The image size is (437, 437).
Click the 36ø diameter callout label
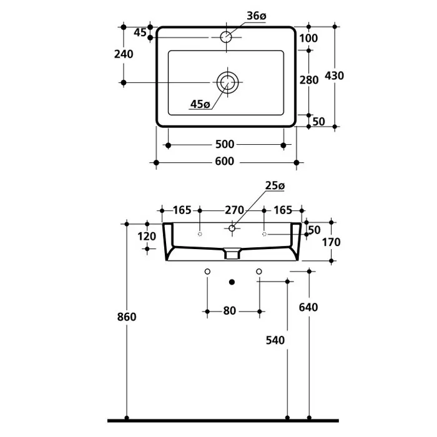tap(257, 16)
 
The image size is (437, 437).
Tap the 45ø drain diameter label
tap(200, 104)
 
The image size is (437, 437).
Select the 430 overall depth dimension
tap(334, 76)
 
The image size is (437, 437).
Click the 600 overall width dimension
tap(225, 161)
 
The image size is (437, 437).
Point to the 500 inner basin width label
tap(225, 144)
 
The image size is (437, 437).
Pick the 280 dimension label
tap(309, 80)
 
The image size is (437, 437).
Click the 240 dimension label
tap(124, 54)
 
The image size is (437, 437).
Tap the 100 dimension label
tap(308, 38)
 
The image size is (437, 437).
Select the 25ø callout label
tap(275, 185)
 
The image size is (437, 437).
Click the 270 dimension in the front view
tap(234, 210)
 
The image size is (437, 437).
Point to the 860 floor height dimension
tap(127, 317)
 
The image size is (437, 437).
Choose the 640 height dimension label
tap(308, 307)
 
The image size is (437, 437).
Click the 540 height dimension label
tap(275, 340)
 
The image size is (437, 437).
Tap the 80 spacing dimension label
tap(229, 311)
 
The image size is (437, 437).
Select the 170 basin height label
tap(331, 242)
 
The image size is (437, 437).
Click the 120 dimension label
tap(147, 237)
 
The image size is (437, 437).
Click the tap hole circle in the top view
tap(226, 37)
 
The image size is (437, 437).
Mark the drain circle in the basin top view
tap(228, 82)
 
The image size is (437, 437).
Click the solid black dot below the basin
tap(232, 282)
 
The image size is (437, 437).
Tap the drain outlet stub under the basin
tap(232, 253)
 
